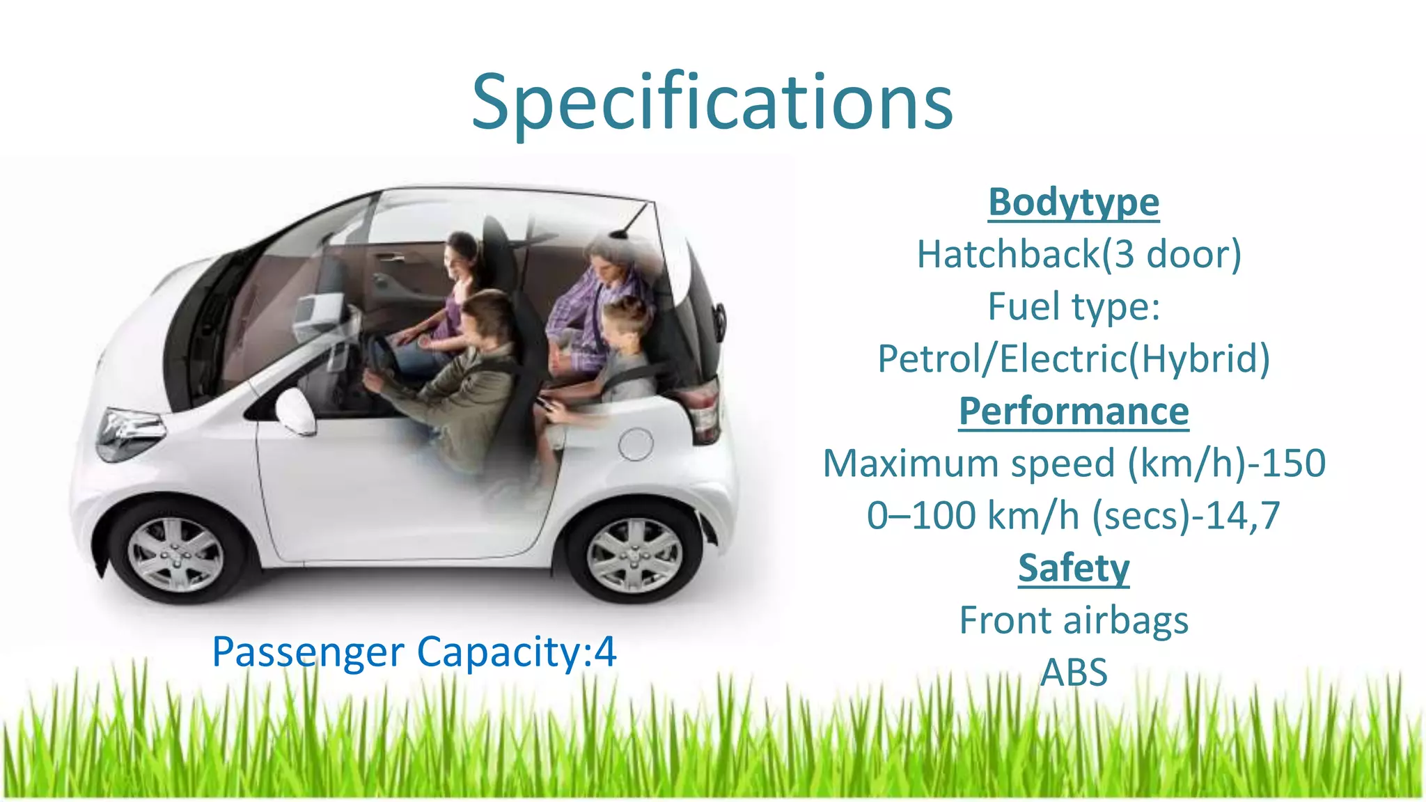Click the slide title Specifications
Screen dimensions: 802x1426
coord(712,103)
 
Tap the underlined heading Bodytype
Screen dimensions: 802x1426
coord(1074,203)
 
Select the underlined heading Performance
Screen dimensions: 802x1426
coord(1074,411)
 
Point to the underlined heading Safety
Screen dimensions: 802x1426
coord(1074,568)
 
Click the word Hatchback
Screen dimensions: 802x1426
coord(1008,254)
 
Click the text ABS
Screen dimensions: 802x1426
coord(1074,673)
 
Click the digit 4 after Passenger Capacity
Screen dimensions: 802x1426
coord(606,652)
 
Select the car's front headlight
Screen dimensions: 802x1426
coord(129,430)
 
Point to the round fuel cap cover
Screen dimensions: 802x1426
coord(636,444)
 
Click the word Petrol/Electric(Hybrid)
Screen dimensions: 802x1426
coord(1074,359)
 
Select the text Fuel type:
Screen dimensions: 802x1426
coord(1074,307)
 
